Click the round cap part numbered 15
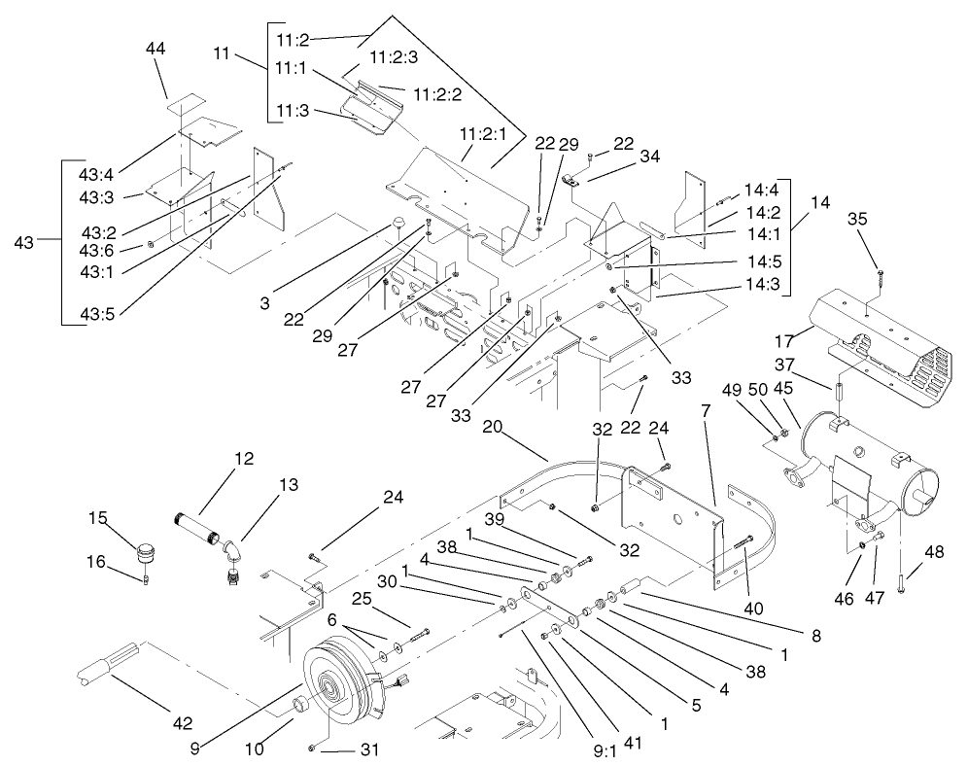click(x=145, y=552)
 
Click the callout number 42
click(x=183, y=722)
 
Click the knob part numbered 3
click(x=399, y=226)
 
